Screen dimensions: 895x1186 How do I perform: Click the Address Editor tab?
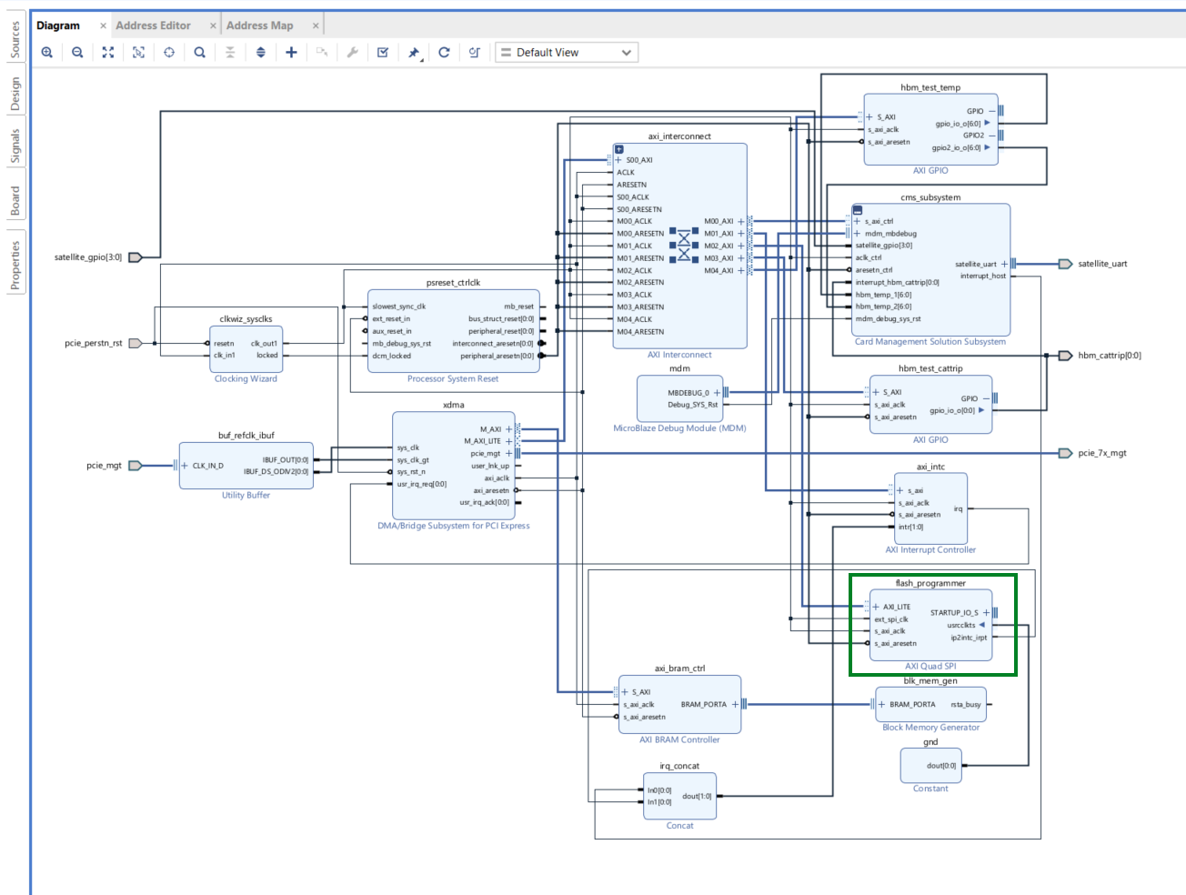pyautogui.click(x=153, y=25)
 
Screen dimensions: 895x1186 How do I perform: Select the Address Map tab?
pyautogui.click(x=259, y=25)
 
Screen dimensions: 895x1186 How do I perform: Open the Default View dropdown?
pyautogui.click(x=566, y=53)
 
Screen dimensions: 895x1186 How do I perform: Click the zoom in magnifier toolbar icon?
pyautogui.click(x=47, y=53)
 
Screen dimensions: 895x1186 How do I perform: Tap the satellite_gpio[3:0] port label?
pyautogui.click(x=87, y=257)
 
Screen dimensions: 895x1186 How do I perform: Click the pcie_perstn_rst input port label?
pyautogui.click(x=93, y=344)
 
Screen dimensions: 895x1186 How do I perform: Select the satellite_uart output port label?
pyautogui.click(x=1102, y=264)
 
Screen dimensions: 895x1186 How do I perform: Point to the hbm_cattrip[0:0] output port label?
pyautogui.click(x=1109, y=356)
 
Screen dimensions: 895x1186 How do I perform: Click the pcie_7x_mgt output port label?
pyautogui.click(x=1101, y=453)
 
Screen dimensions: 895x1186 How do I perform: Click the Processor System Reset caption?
pyautogui.click(x=452, y=379)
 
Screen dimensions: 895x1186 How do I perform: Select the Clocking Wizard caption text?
pyautogui.click(x=246, y=379)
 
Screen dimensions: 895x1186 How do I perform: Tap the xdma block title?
pyautogui.click(x=453, y=405)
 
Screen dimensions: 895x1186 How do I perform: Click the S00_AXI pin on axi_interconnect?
pyautogui.click(x=638, y=160)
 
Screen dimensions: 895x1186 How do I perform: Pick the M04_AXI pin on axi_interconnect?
pyautogui.click(x=719, y=270)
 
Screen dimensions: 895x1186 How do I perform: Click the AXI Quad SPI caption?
pyautogui.click(x=930, y=667)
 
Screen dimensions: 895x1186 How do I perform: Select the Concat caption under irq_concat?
pyautogui.click(x=679, y=826)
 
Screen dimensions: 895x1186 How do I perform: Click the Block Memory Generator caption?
pyautogui.click(x=930, y=728)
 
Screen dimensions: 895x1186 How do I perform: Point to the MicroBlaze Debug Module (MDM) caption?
pyautogui.click(x=679, y=428)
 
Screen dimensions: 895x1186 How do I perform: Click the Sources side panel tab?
pyautogui.click(x=15, y=40)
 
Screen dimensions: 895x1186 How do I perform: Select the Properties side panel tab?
pyautogui.click(x=15, y=266)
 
